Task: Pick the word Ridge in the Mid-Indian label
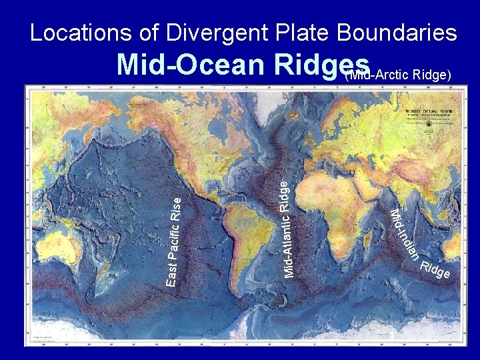click(436, 270)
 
